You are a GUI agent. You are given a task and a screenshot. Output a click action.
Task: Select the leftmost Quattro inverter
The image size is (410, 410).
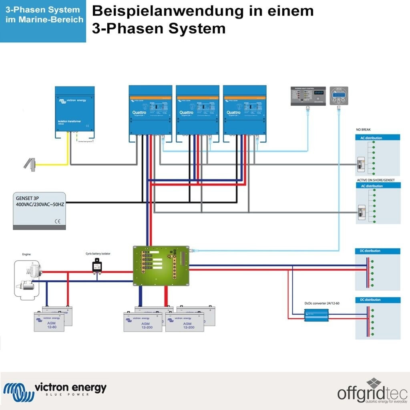click(x=151, y=113)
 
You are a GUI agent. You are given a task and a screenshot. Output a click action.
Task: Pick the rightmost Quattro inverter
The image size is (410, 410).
click(x=245, y=113)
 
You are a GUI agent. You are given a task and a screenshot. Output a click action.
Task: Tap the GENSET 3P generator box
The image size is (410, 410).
click(x=39, y=210)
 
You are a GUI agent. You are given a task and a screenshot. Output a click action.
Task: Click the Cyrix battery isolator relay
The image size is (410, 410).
click(x=97, y=265)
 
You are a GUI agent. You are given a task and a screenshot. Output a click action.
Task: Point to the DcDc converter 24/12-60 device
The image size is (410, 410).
click(x=316, y=315)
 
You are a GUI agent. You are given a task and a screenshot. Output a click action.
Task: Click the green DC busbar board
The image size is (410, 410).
click(x=161, y=265)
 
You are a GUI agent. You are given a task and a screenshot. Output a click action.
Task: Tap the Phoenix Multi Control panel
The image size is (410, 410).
click(x=308, y=96)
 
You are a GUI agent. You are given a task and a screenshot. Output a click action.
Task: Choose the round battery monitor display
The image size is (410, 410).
click(x=339, y=96)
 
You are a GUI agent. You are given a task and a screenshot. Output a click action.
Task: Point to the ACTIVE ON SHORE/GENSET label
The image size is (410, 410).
click(x=376, y=180)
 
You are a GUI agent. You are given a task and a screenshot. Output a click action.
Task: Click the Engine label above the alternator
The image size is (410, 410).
click(x=26, y=254)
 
